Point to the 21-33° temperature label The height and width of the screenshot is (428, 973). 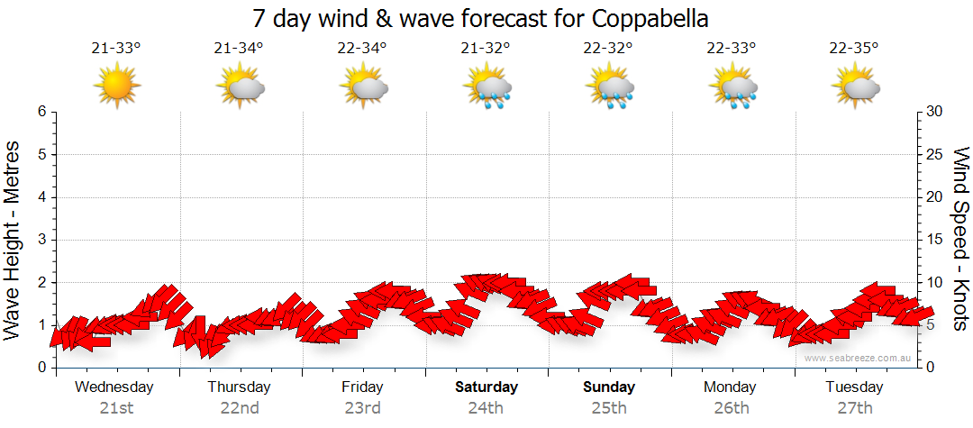116,49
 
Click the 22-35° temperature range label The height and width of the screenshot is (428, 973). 854,49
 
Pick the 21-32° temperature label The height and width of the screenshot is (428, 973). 486,49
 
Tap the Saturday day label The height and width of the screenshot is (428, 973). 486,387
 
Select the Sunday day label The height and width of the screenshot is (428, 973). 609,387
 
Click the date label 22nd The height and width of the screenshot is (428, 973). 239,408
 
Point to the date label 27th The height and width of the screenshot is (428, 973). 854,408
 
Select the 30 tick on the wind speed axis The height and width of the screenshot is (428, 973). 934,112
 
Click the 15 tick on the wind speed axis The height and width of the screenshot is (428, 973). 934,240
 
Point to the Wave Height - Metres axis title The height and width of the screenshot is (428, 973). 14,239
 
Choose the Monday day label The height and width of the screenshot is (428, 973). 732,387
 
